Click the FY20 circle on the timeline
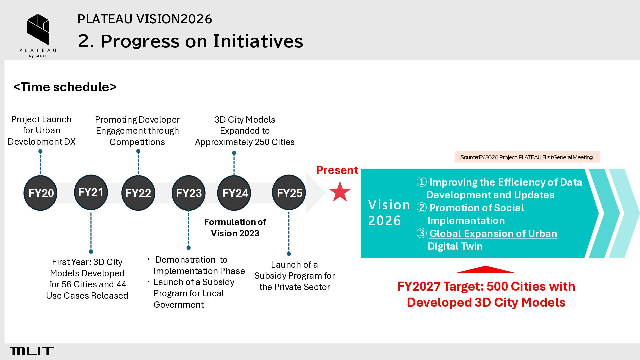pyautogui.click(x=40, y=193)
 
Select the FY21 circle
pyautogui.click(x=91, y=192)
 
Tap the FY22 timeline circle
pyautogui.click(x=138, y=193)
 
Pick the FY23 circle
pyautogui.click(x=188, y=193)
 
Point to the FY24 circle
pyautogui.click(x=234, y=193)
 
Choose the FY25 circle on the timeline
pyautogui.click(x=289, y=193)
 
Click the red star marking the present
pyautogui.click(x=340, y=192)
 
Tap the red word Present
pyautogui.click(x=337, y=170)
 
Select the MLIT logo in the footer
pyautogui.click(x=32, y=351)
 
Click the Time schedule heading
pyautogui.click(x=65, y=87)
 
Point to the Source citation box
pyautogui.click(x=527, y=157)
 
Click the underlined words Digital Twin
pyautogui.click(x=455, y=246)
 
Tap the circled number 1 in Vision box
pyautogui.click(x=421, y=182)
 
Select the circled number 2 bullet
pyautogui.click(x=421, y=208)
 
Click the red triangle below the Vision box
pyautogui.click(x=485, y=270)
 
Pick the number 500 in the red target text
pyautogui.click(x=497, y=286)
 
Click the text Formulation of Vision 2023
pyautogui.click(x=235, y=228)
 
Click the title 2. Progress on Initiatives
pyautogui.click(x=190, y=41)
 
